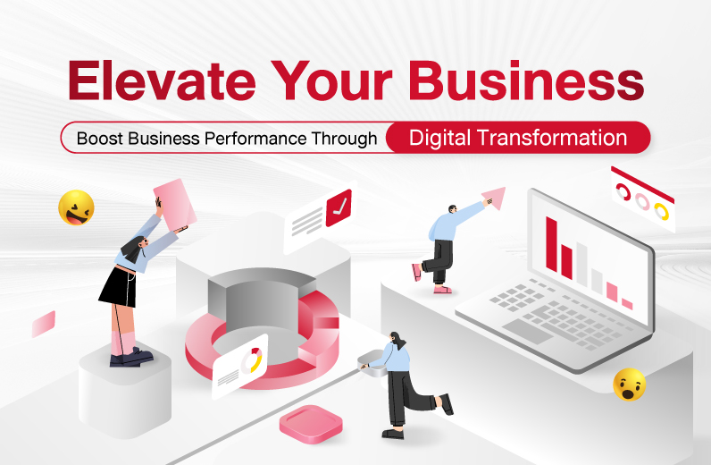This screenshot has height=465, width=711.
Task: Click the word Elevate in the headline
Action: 162,80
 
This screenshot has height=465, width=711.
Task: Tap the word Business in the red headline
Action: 526,80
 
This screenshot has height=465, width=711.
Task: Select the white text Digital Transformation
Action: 518,138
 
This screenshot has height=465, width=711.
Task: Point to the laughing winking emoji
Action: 76,207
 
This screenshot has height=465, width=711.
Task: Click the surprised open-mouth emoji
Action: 630,385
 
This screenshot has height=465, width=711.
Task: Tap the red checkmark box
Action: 339,207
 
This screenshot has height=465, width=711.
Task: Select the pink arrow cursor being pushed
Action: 494,198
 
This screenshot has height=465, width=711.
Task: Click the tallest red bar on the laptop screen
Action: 552,244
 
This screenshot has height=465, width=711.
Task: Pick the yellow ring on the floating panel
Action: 661,211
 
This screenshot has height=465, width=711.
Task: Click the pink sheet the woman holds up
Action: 175,205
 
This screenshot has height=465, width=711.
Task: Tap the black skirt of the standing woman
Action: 118,287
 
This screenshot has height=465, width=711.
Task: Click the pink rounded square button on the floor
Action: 311,424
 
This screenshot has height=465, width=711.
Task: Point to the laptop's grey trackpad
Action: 527,331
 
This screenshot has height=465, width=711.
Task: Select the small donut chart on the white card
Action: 252,360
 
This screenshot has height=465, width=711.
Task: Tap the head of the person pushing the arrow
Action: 452,209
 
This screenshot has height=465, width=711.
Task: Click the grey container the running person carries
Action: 372,363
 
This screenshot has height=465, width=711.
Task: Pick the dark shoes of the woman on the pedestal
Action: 131,358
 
